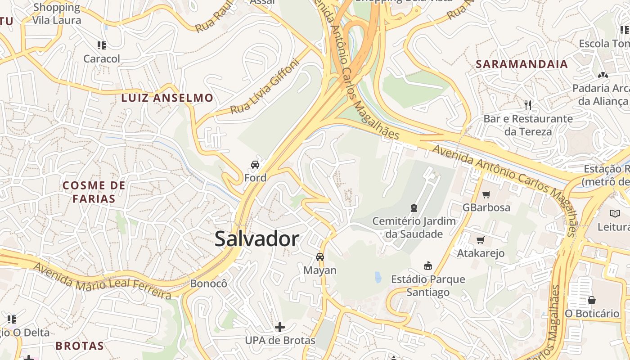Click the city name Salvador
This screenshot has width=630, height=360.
(x=256, y=239)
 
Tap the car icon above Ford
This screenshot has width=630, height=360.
(x=255, y=165)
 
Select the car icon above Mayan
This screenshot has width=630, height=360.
(x=320, y=257)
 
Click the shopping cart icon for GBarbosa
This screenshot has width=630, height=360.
(x=486, y=194)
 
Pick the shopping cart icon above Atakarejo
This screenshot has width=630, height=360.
(x=480, y=240)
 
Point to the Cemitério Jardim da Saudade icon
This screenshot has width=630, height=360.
(x=414, y=207)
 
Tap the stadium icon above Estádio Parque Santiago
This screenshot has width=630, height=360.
(x=428, y=266)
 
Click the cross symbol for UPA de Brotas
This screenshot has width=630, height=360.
(x=280, y=327)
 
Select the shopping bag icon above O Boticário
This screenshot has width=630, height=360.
(x=592, y=300)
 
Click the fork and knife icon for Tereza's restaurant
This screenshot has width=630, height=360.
(x=528, y=105)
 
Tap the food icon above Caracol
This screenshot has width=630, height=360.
(x=102, y=45)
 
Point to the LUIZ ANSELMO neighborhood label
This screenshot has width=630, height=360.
(x=167, y=98)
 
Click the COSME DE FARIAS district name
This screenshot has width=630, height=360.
(x=94, y=192)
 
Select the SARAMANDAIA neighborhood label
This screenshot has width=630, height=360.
(x=522, y=64)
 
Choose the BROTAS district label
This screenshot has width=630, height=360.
(x=80, y=346)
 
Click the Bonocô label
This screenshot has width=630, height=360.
(x=208, y=283)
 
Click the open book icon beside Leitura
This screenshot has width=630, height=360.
(x=615, y=213)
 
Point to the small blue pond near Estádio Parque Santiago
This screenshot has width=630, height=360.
(x=378, y=277)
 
